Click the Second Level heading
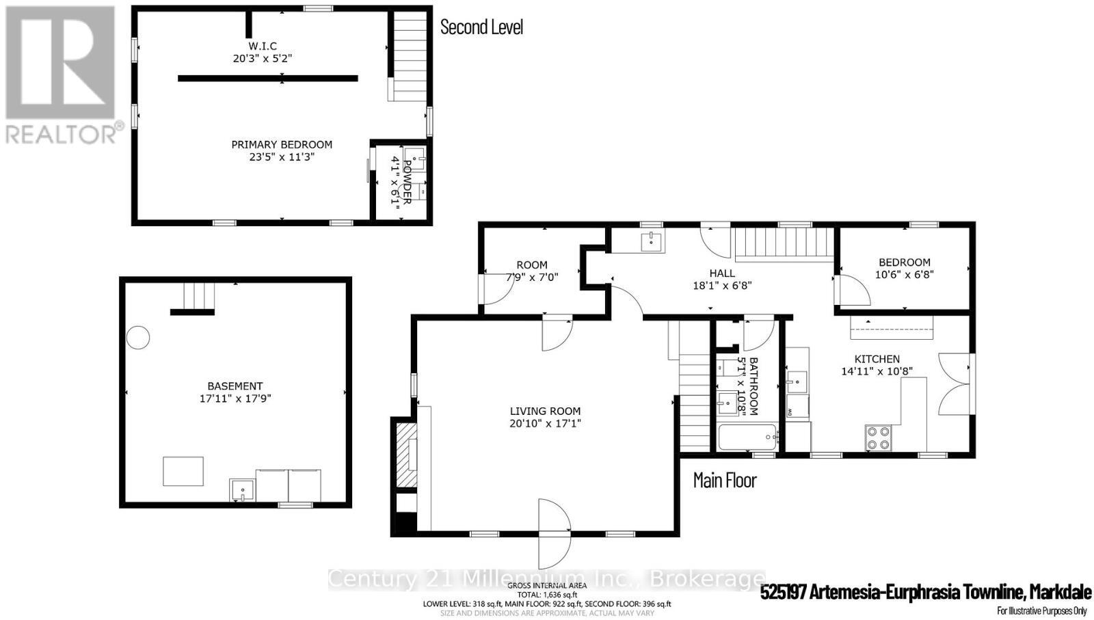tap(481, 27)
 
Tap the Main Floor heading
tap(725, 480)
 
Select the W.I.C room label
tap(263, 46)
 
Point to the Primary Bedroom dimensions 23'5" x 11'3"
tap(282, 157)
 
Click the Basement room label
tap(235, 386)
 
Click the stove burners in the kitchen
tap(878, 437)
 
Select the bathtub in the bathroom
tap(747, 436)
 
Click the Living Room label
tap(545, 411)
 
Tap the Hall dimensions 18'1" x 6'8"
tap(722, 286)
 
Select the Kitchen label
tap(877, 359)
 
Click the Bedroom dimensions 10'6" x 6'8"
tap(904, 274)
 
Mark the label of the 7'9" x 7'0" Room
tap(532, 265)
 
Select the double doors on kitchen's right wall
tap(955, 383)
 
